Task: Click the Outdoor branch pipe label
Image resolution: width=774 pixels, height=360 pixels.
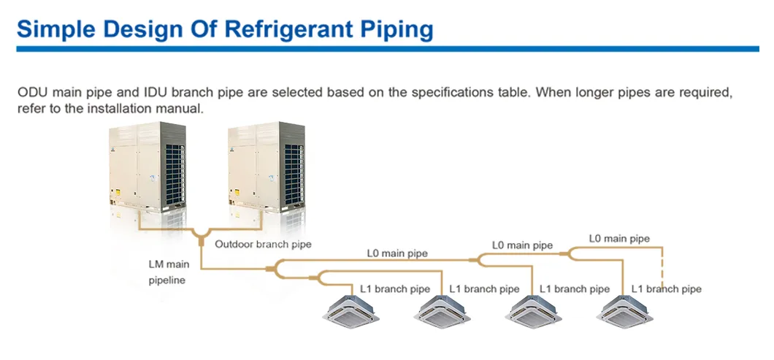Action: coord(263,244)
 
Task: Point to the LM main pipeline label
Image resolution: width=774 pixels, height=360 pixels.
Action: coord(169,272)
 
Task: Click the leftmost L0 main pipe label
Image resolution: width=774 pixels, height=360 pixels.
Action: coord(397,253)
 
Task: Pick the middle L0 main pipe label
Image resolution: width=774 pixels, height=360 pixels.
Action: coord(522,245)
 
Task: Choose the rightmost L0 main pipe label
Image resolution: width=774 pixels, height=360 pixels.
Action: coord(618,238)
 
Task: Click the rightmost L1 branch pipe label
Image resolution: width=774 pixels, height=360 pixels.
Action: coord(666,289)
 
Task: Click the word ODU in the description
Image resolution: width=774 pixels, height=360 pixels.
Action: coord(31,93)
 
